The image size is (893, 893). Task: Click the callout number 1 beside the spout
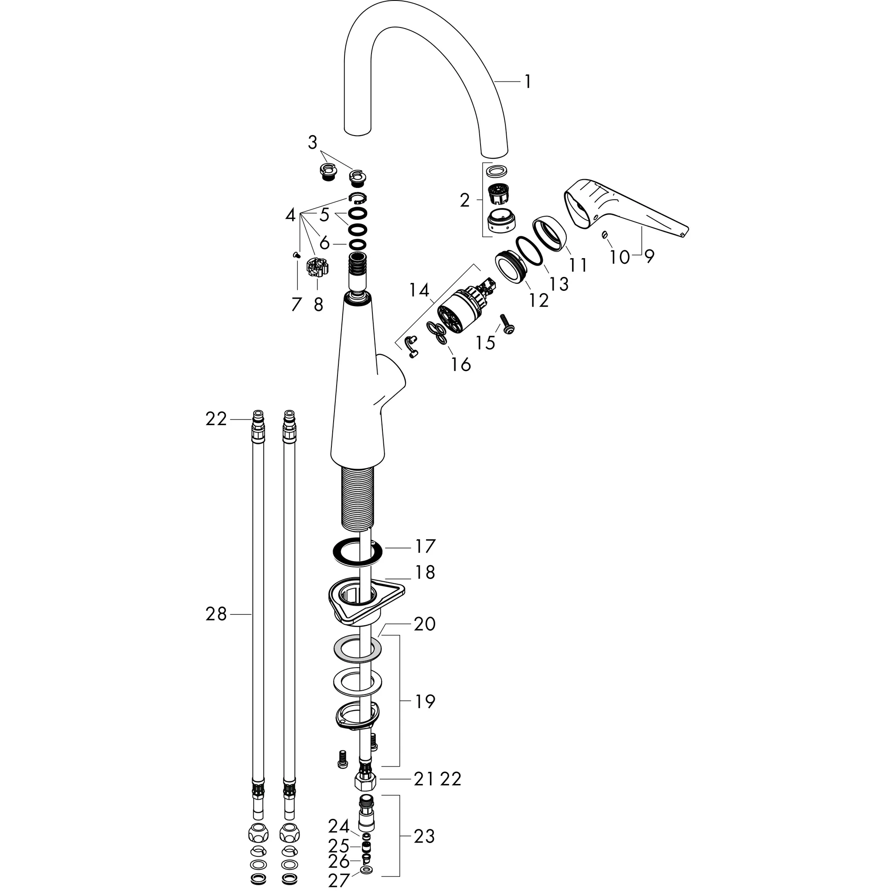(x=528, y=82)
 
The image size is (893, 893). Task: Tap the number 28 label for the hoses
(x=216, y=614)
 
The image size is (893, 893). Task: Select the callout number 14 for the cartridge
(x=419, y=290)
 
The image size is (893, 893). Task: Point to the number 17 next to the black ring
(x=425, y=546)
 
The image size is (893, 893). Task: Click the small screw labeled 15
(x=508, y=324)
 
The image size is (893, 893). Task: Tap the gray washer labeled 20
(x=357, y=649)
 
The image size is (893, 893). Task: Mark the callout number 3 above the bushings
(x=313, y=142)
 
